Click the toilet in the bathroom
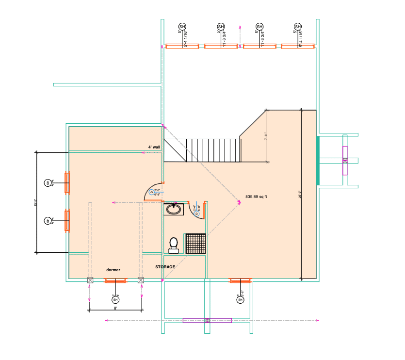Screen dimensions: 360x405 pyautogui.click(x=174, y=245)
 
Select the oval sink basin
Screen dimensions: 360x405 pyautogui.click(x=174, y=209)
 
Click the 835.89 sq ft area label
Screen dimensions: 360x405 pyautogui.click(x=257, y=197)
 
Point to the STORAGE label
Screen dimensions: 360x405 pyautogui.click(x=165, y=267)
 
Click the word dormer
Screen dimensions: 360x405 pyautogui.click(x=113, y=270)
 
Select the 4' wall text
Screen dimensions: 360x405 pyautogui.click(x=154, y=147)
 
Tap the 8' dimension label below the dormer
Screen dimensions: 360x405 pyautogui.click(x=115, y=308)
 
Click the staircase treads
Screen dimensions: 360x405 pyautogui.click(x=213, y=150)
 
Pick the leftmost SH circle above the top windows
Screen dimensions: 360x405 pyautogui.click(x=182, y=26)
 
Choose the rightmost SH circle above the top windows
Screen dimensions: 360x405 pyautogui.click(x=298, y=26)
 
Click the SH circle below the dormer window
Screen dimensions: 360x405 pyautogui.click(x=115, y=300)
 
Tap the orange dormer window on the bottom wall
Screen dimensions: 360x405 pyautogui.click(x=115, y=280)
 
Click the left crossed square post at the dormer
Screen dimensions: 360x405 pyautogui.click(x=90, y=280)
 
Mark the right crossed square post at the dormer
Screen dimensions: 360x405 pyautogui.click(x=141, y=280)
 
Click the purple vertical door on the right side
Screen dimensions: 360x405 pyautogui.click(x=345, y=161)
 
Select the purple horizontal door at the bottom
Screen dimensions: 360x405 pyautogui.click(x=207, y=320)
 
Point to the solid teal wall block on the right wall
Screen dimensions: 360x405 pyautogui.click(x=318, y=161)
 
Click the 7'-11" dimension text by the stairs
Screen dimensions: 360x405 pyautogui.click(x=266, y=136)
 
